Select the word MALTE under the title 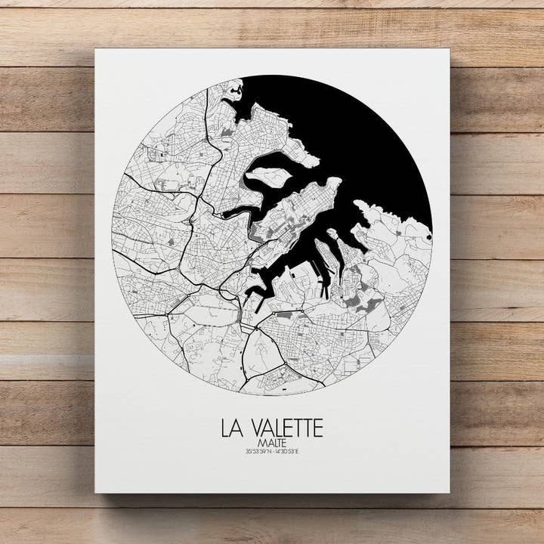click(272, 442)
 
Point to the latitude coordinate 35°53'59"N click(257, 452)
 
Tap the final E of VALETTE click(317, 428)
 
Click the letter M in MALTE click(261, 442)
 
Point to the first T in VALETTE click(298, 428)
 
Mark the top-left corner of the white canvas click(96, 50)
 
